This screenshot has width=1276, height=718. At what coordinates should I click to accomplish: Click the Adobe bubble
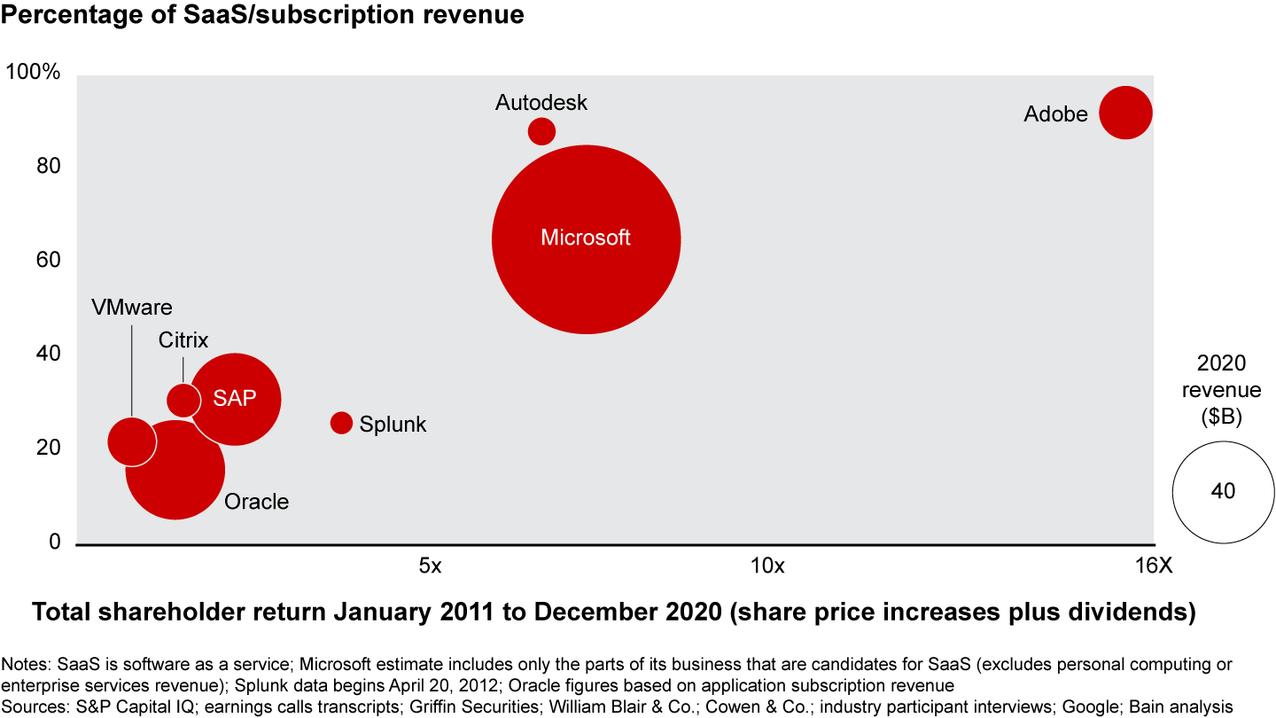(x=1125, y=113)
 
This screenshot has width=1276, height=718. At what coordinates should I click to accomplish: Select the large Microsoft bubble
(x=586, y=239)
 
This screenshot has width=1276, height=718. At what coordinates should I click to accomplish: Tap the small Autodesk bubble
(x=541, y=132)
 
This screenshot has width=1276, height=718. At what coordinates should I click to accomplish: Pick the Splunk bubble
(x=341, y=423)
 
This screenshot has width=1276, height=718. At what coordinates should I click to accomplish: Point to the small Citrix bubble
(x=183, y=400)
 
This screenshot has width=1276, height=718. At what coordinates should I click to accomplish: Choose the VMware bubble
(x=131, y=441)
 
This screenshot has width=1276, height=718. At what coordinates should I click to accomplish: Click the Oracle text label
(x=256, y=502)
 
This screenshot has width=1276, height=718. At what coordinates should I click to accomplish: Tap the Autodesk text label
(x=541, y=103)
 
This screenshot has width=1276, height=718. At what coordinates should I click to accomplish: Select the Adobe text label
(x=1055, y=114)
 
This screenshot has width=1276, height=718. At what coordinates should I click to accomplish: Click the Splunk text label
(x=393, y=425)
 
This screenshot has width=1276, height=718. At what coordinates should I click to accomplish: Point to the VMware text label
(x=132, y=308)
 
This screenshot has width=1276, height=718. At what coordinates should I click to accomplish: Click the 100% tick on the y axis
(x=34, y=73)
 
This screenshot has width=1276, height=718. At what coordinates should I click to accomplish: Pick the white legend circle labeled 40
(x=1223, y=491)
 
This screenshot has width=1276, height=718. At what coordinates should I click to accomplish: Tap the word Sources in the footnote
(x=33, y=706)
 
